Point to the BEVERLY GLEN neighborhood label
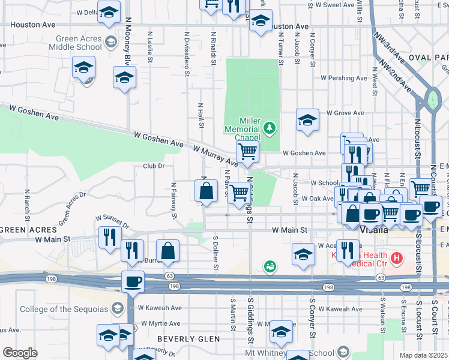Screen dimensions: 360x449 pyautogui.click(x=188, y=339)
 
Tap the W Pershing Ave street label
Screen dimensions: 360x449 pyautogui.click(x=343, y=78)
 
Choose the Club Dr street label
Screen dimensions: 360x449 pyautogui.click(x=154, y=166)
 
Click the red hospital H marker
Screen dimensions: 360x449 pyautogui.click(x=396, y=259)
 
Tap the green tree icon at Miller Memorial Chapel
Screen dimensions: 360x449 pyautogui.click(x=270, y=127)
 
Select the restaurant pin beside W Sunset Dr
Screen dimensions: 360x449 pyautogui.click(x=109, y=237)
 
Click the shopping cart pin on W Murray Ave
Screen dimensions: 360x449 pyautogui.click(x=247, y=153)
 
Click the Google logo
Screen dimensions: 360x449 pyautogui.click(x=20, y=353)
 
